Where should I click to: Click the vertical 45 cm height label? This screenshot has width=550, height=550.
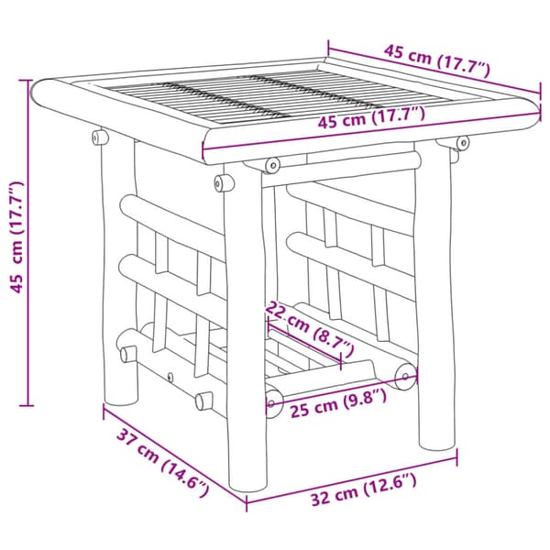pos(16,237)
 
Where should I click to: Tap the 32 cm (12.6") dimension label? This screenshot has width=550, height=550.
pos(364,489)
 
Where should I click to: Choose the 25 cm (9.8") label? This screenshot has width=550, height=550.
pos(338,403)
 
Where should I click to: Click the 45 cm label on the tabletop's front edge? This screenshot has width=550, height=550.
pos(371,117)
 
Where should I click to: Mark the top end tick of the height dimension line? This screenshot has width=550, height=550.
pos(27,81)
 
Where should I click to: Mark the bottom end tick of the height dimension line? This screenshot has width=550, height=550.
pos(27,406)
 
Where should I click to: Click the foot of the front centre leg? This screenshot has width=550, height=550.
pos(248,485)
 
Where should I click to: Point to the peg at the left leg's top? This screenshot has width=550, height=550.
pos(100,137)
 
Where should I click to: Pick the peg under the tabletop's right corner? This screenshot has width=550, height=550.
pos(462,143)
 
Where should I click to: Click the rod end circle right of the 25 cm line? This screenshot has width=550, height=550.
pos(405,377)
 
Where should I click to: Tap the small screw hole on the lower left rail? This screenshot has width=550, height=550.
pos(170,378)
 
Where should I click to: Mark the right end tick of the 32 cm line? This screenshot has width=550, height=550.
pos(456,457)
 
